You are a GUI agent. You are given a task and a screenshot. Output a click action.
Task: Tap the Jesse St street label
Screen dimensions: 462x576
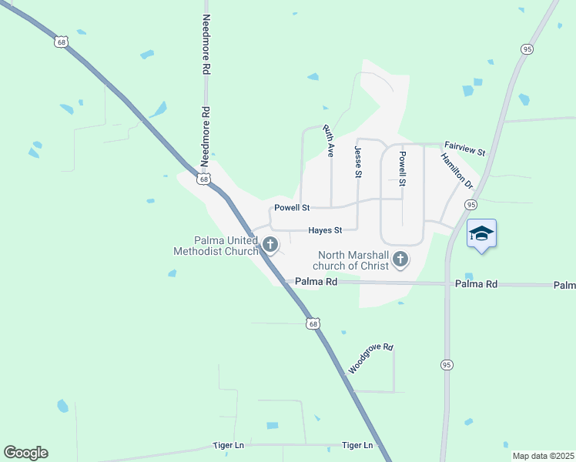pos(358,162)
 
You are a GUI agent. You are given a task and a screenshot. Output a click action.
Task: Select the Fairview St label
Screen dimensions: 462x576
pos(464,148)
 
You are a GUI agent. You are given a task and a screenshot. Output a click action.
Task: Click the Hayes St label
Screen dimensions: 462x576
pos(324,229)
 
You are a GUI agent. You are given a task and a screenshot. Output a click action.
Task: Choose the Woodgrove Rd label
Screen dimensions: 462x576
pos(371,359)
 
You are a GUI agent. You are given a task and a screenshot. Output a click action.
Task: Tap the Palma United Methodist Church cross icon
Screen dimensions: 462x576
pos(270,245)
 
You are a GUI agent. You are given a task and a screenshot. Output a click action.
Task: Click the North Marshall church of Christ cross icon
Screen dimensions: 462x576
pos(400,259)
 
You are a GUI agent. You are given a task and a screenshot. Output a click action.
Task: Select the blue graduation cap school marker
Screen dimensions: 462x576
pos(481,233)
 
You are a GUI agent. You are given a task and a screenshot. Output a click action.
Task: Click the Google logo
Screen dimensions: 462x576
pos(25,453)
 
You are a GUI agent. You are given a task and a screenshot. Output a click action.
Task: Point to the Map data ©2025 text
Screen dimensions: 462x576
pos(543,456)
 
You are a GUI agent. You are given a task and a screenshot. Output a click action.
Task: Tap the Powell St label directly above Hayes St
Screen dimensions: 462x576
pos(292,208)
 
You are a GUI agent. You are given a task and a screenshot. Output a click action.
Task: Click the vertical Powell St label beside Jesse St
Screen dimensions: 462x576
pos(401,169)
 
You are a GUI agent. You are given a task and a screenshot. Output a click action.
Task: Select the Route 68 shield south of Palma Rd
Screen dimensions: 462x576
pos(313,323)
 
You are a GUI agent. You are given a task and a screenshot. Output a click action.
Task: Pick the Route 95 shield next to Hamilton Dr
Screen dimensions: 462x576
pos(471,205)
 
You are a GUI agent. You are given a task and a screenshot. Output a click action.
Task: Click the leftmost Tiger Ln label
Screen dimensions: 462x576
pos(229,446)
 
